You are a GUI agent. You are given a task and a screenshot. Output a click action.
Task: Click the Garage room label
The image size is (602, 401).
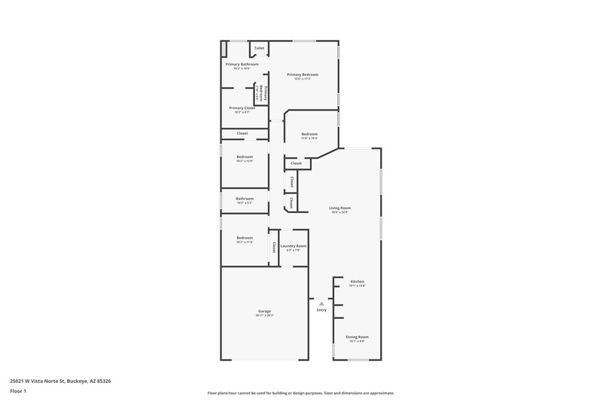click(x=264, y=311)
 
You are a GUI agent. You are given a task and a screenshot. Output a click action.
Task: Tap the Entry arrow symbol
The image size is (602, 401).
click(x=321, y=303)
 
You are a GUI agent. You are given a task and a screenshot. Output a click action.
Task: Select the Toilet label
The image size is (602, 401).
click(x=259, y=48)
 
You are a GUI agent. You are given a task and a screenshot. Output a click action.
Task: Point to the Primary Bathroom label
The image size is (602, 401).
click(x=242, y=65)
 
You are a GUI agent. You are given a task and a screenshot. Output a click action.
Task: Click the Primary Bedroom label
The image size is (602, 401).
click(x=303, y=74)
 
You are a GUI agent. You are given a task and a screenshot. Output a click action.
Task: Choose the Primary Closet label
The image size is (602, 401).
click(x=242, y=108)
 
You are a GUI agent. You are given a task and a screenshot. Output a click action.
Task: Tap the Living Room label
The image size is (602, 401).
click(x=340, y=208)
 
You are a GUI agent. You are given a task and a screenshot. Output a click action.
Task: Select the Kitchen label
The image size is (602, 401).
click(x=357, y=281)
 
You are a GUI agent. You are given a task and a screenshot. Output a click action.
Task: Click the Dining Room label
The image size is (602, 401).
click(x=357, y=337)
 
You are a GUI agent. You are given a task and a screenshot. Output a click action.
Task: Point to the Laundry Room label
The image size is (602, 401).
click(x=293, y=246)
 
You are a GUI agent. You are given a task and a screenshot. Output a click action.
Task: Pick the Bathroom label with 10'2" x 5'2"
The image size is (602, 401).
click(x=245, y=199)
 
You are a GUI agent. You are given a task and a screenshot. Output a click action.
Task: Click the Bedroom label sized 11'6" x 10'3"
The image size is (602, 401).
click(x=309, y=134)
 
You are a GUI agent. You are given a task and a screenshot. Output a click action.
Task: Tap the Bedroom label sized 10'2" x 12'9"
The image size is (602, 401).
click(x=245, y=156)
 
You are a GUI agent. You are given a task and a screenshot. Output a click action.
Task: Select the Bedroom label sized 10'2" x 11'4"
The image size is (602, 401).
click(x=245, y=238)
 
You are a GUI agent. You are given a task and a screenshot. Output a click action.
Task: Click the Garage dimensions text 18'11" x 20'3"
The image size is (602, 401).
click(x=264, y=315)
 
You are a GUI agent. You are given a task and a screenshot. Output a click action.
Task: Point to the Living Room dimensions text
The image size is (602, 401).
click(x=340, y=212)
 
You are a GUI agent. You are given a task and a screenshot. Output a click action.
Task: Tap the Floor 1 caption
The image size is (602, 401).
click(x=18, y=392)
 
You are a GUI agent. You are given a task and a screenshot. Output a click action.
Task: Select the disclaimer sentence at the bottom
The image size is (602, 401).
click(x=301, y=393)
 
